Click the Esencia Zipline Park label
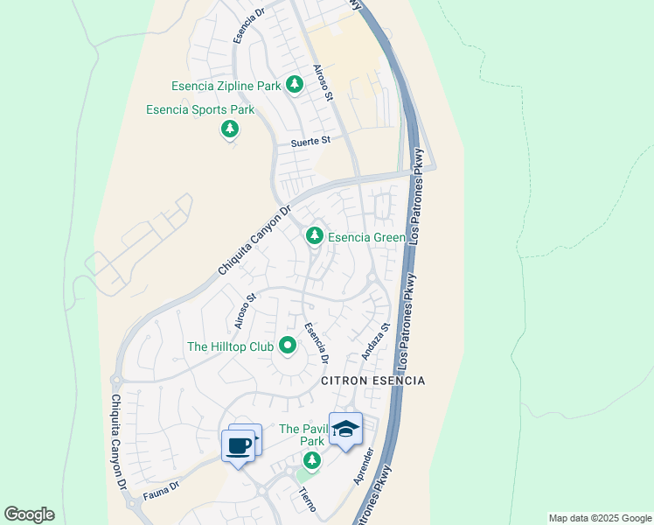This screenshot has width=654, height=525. (x=227, y=86)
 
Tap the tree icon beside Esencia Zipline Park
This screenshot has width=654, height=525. (x=295, y=84)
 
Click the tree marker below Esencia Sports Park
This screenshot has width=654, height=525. (x=229, y=130)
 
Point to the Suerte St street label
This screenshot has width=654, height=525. (x=310, y=140)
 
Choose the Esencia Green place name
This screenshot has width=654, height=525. (x=366, y=237)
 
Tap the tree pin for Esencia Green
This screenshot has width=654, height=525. (x=314, y=235)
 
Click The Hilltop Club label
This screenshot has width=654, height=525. (x=230, y=346)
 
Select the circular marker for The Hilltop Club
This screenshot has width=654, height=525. (x=288, y=346)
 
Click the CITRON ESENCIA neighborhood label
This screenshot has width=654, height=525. (x=373, y=381)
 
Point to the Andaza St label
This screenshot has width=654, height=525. (x=374, y=340)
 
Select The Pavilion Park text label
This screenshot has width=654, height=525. (x=302, y=435)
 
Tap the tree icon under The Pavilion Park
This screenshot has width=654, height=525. (x=312, y=459)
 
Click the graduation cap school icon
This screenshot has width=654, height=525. (x=345, y=429)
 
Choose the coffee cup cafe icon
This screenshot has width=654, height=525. (x=238, y=446)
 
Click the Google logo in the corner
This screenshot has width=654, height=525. (x=29, y=514)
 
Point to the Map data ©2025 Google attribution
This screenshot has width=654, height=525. (x=600, y=518)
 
